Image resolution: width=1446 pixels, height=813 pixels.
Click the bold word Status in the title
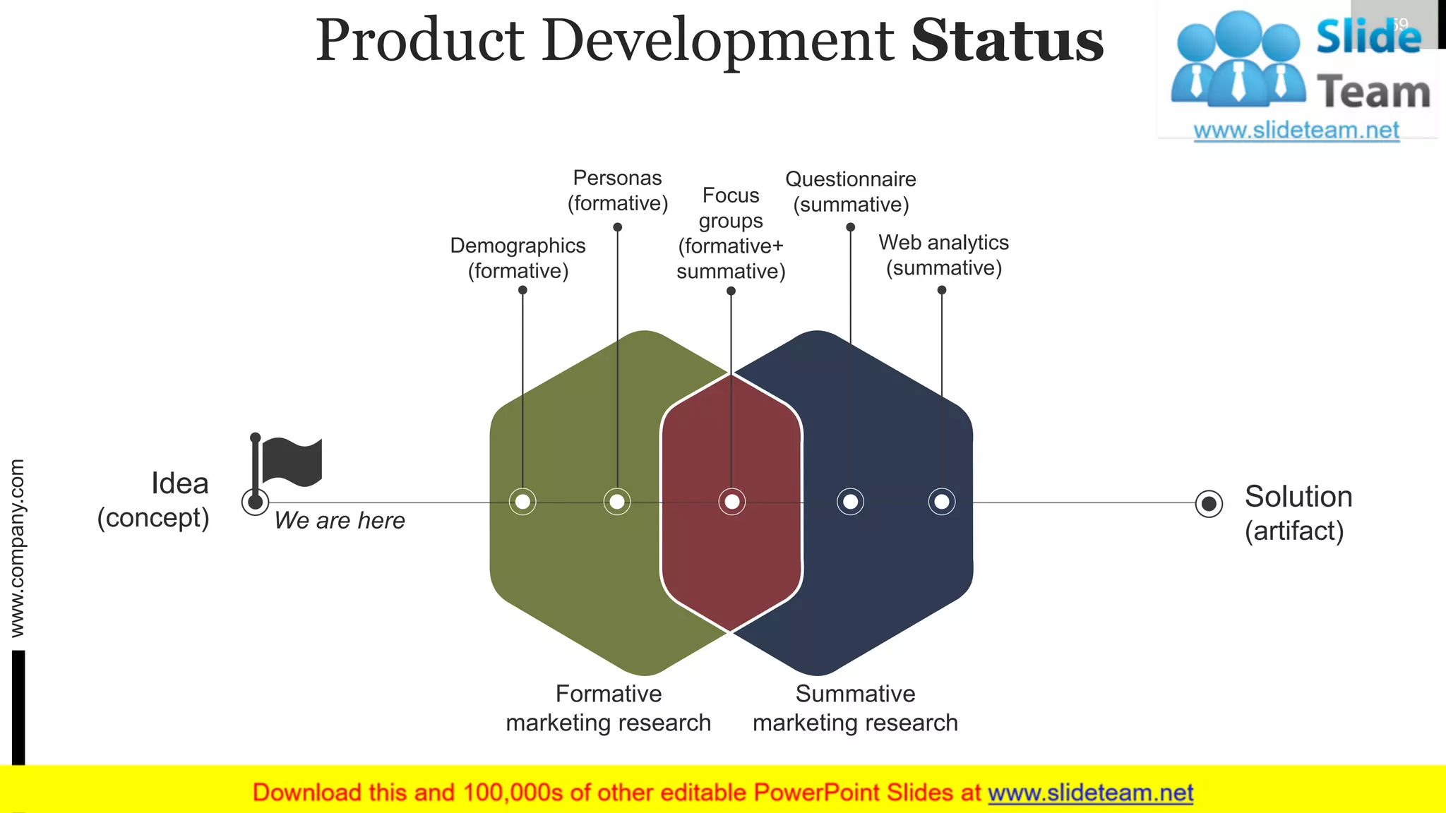[x=1007, y=41]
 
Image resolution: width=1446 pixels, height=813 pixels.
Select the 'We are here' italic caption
[x=340, y=521]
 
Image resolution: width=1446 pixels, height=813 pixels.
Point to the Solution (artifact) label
[x=1297, y=513]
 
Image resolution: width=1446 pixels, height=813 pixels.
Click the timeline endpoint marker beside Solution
[x=1209, y=503]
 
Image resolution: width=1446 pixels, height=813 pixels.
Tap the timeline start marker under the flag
[x=255, y=502]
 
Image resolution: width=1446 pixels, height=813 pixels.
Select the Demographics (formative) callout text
[x=518, y=258]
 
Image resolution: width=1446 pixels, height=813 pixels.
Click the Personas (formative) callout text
[x=617, y=191]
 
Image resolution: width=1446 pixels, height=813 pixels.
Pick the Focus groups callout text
[x=731, y=233]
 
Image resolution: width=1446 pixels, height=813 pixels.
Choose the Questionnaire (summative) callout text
[x=850, y=192]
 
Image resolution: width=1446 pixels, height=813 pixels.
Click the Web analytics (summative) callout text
[x=943, y=255]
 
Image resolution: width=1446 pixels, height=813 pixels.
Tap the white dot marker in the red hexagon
[x=731, y=502]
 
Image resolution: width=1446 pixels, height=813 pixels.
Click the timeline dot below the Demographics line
[x=522, y=502]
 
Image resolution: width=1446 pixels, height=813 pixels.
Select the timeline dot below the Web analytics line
[x=941, y=502]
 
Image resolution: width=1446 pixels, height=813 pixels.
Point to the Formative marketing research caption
[x=608, y=708]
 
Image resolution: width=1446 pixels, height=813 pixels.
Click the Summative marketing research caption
[x=855, y=708]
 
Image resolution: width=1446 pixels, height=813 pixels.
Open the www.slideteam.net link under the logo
[x=1296, y=131]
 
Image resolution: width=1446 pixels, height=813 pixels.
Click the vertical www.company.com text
[x=17, y=548]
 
